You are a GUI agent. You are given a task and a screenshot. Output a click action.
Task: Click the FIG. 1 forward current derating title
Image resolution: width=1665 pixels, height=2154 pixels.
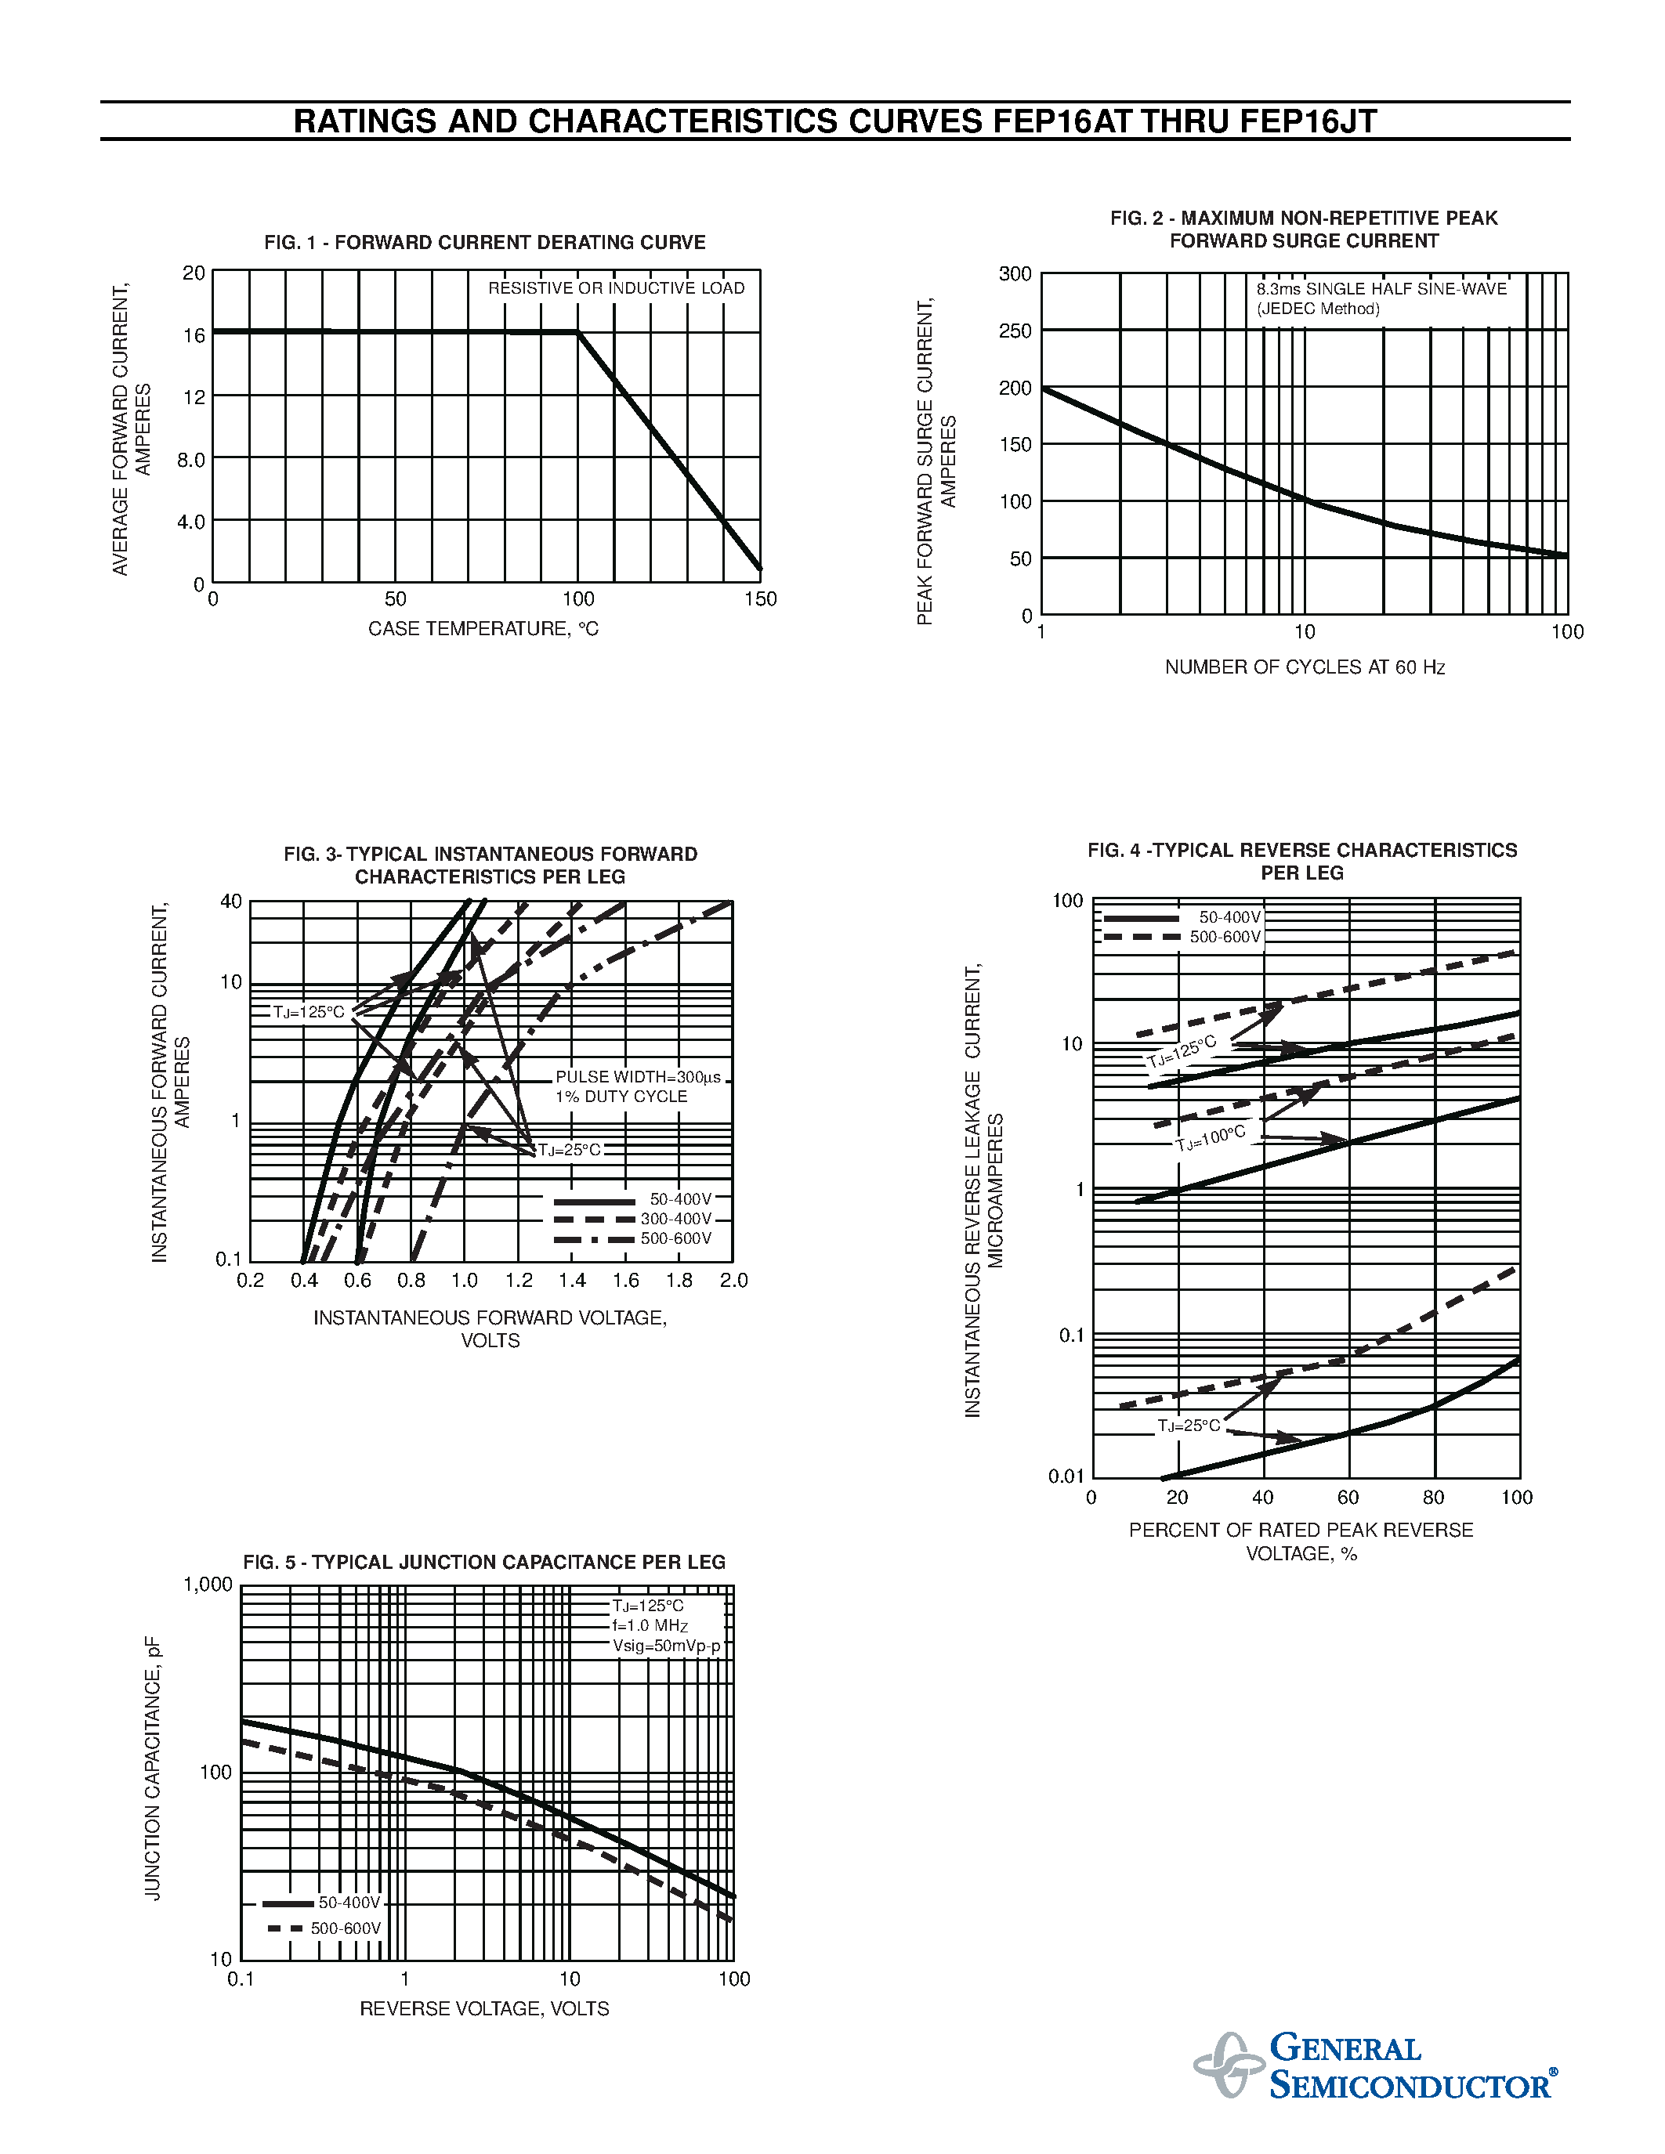pos(484,243)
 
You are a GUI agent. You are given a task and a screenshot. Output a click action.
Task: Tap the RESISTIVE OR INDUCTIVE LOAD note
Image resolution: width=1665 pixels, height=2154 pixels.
pos(616,288)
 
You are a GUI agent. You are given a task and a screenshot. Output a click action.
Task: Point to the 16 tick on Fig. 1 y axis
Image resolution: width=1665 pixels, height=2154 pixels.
pos(194,335)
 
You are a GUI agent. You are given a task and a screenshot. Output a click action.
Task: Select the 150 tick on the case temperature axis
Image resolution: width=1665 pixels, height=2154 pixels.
pos(761,598)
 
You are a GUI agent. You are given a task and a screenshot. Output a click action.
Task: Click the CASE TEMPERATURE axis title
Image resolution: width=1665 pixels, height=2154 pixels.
pos(483,629)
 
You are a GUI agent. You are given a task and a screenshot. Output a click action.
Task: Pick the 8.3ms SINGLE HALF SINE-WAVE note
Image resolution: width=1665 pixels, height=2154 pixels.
pos(1381,289)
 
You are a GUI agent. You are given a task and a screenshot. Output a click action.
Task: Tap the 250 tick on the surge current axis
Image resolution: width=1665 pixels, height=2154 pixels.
pos(1015,331)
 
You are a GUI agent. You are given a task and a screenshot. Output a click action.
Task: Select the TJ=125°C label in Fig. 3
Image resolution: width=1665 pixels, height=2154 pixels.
pos(309,1012)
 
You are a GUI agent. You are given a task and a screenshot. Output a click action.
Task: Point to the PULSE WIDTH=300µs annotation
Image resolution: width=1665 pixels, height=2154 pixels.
pos(637,1077)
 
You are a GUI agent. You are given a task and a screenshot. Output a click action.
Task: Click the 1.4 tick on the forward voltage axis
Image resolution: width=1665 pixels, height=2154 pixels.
pos(572,1280)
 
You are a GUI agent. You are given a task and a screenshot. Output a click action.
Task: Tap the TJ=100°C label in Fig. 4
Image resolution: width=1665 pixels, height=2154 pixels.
pos(1211,1138)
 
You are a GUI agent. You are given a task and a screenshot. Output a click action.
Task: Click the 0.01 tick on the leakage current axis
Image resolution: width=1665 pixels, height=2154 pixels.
pos(1066,1476)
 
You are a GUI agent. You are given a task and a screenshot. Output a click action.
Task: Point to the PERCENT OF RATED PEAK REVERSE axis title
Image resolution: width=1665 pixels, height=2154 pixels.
pos(1300,1531)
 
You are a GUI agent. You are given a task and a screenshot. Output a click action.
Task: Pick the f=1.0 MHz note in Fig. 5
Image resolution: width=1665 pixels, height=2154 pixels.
pos(650,1625)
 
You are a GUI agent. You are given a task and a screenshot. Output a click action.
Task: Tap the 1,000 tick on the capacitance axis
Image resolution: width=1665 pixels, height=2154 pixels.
pos(208,1585)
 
